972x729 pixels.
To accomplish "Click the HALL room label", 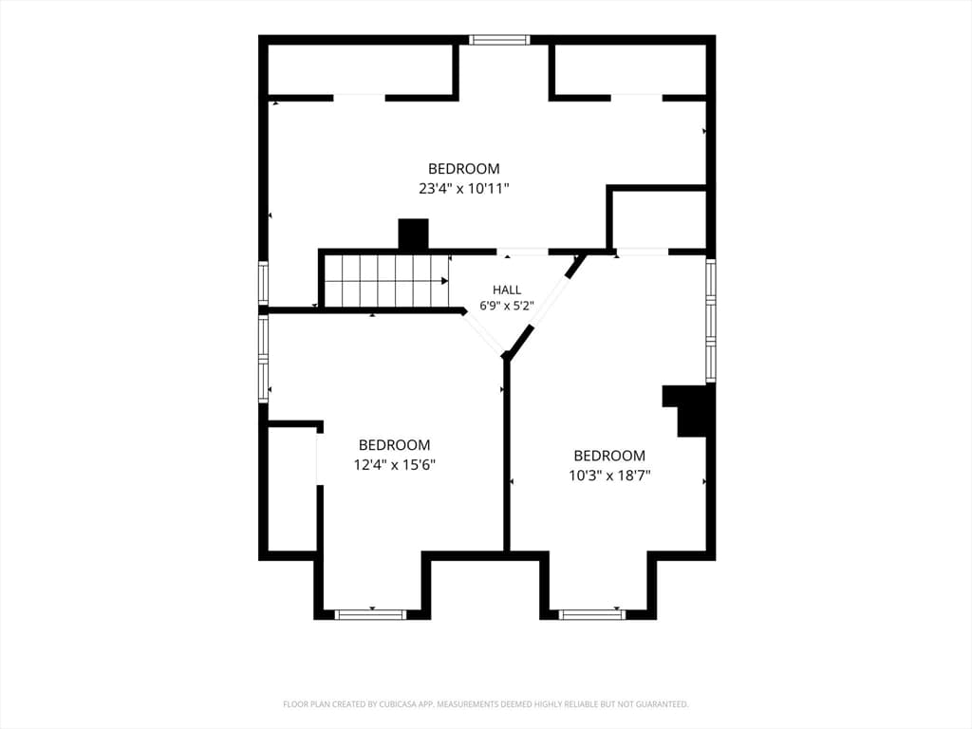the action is point(507,290).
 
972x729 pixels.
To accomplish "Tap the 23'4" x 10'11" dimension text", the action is point(463,189).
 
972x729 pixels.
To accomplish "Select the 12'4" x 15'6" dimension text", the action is point(394,464).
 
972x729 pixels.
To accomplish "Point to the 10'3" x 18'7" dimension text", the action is point(609,476).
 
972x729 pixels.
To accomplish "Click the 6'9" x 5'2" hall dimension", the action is point(507,306).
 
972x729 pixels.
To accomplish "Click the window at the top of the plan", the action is point(499,40).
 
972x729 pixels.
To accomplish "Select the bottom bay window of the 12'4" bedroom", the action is point(370,614).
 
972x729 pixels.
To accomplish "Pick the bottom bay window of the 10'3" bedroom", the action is point(591,614).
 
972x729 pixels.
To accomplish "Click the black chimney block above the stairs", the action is point(413,235).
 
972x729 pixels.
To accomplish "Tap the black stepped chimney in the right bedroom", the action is point(688,410).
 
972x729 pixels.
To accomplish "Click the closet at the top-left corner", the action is point(359,68).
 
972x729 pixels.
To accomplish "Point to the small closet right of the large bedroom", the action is point(660,219).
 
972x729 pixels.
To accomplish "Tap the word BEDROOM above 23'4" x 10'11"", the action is point(463,169).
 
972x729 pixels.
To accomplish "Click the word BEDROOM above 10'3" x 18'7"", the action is point(609,456).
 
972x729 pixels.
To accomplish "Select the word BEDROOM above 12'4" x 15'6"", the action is point(394,445).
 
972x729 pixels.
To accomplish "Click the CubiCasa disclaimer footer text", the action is point(486,704).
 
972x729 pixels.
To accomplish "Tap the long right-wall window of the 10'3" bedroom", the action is point(711,321).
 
